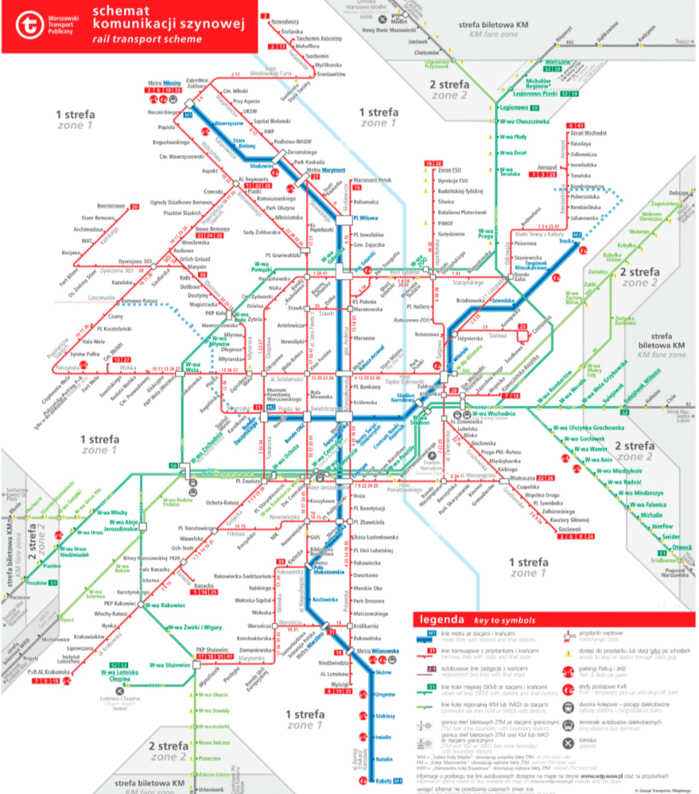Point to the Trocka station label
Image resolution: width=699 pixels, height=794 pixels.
click(x=565, y=242)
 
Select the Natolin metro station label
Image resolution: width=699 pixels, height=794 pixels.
click(x=384, y=758)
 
